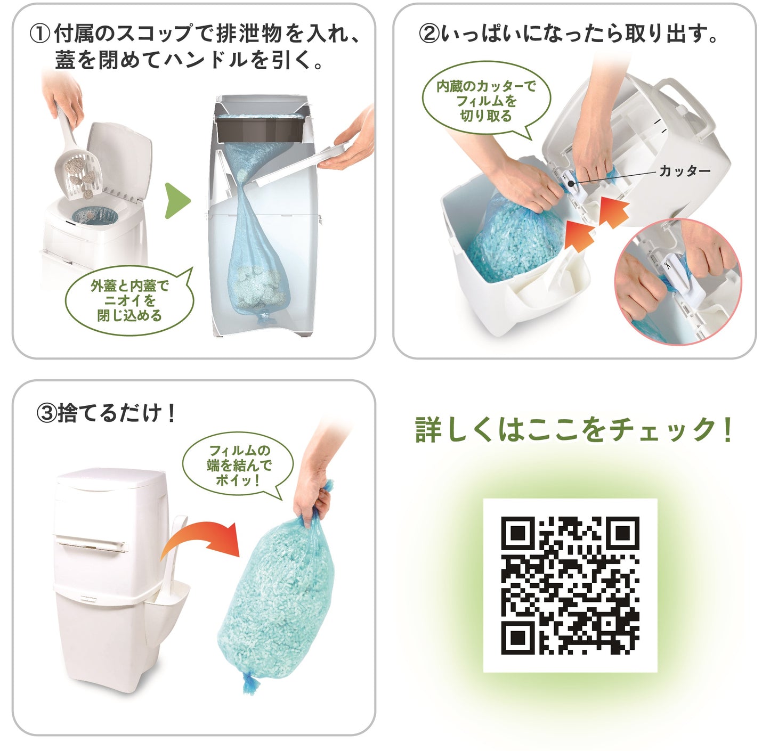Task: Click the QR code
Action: pos(570,585)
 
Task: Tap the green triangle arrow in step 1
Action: pos(177,201)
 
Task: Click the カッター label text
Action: pos(684,171)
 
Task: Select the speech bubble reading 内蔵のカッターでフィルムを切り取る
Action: pos(486,101)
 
